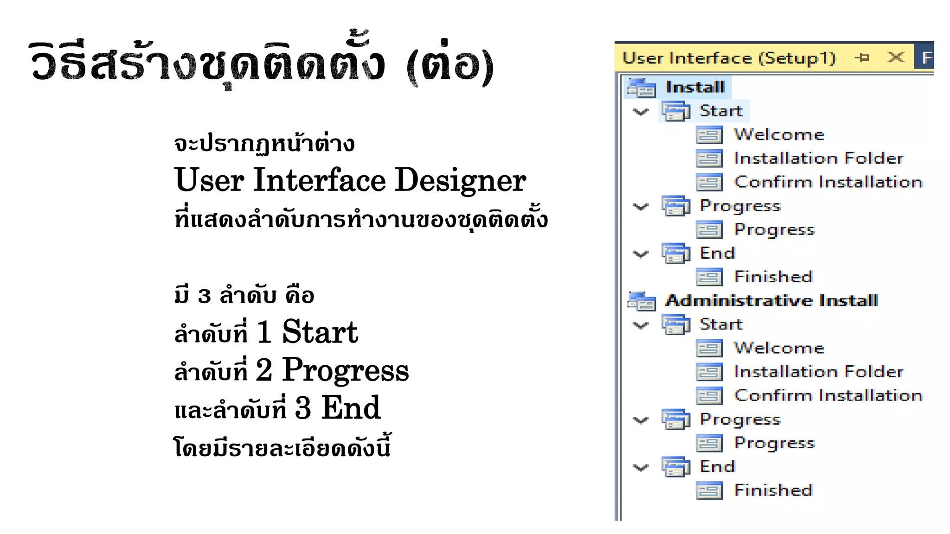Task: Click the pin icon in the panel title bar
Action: point(862,57)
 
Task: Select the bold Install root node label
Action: point(695,87)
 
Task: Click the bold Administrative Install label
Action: point(771,300)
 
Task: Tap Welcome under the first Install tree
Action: point(779,134)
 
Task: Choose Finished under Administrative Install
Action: point(773,490)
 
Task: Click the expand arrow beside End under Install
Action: point(641,254)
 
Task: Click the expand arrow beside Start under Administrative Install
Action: point(641,325)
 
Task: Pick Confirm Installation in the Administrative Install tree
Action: point(828,395)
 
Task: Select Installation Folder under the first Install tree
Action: point(819,159)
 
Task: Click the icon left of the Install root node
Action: point(641,88)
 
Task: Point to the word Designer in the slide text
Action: point(460,180)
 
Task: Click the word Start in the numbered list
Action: point(320,332)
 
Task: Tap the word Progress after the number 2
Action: point(346,370)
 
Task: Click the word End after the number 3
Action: point(351,408)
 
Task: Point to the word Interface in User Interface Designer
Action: point(320,180)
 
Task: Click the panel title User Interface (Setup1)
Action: point(729,58)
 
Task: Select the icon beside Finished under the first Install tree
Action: point(709,277)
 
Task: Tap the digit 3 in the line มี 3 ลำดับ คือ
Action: point(205,296)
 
